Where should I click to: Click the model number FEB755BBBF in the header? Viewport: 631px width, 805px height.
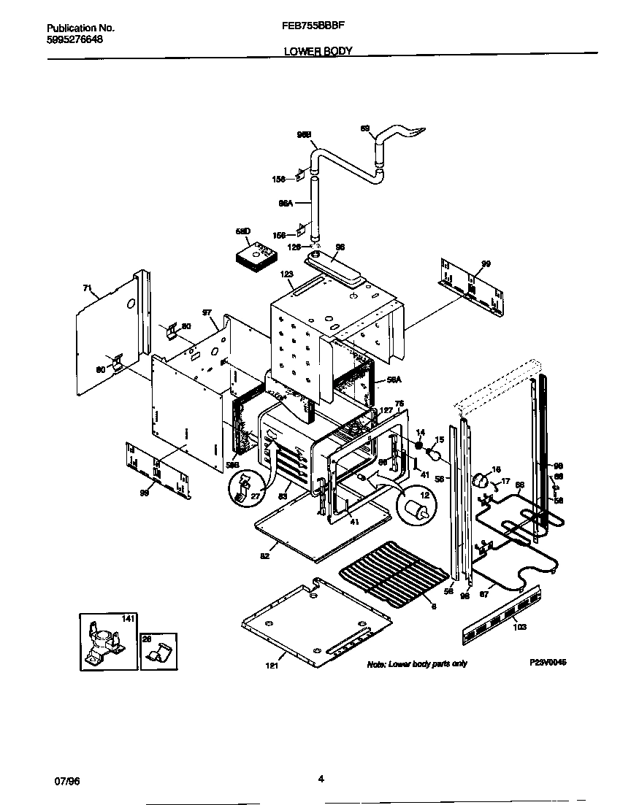click(x=313, y=24)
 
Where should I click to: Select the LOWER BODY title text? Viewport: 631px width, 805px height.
click(x=318, y=51)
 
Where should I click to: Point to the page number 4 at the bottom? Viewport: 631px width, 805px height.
click(x=321, y=779)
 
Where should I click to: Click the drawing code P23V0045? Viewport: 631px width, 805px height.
click(x=548, y=662)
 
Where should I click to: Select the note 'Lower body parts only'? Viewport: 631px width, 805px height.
click(x=416, y=663)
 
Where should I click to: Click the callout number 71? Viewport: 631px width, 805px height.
click(x=87, y=289)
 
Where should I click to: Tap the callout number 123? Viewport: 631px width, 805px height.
click(x=286, y=274)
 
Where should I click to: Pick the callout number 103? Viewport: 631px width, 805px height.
click(x=519, y=626)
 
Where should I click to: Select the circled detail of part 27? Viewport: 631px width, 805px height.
click(x=247, y=488)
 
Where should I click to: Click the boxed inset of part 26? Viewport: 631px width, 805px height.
click(x=158, y=650)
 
